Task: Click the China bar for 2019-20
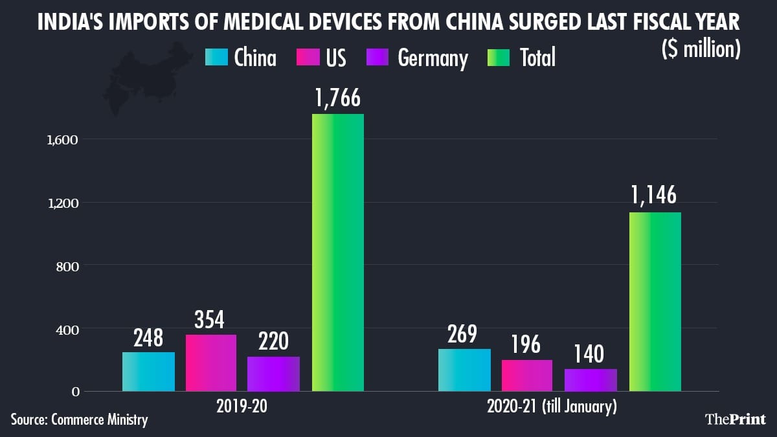tap(148, 372)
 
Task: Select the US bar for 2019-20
tap(211, 363)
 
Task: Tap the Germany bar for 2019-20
tap(273, 374)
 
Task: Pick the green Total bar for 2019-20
tap(337, 252)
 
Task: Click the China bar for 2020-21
tap(464, 370)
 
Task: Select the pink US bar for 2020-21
tap(526, 375)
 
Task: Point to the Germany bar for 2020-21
tap(591, 380)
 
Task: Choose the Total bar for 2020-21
tap(655, 302)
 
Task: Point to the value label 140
tap(590, 354)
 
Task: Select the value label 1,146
tap(655, 196)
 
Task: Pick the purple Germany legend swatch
tap(377, 58)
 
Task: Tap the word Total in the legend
tap(537, 58)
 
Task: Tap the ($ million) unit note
tap(701, 50)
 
